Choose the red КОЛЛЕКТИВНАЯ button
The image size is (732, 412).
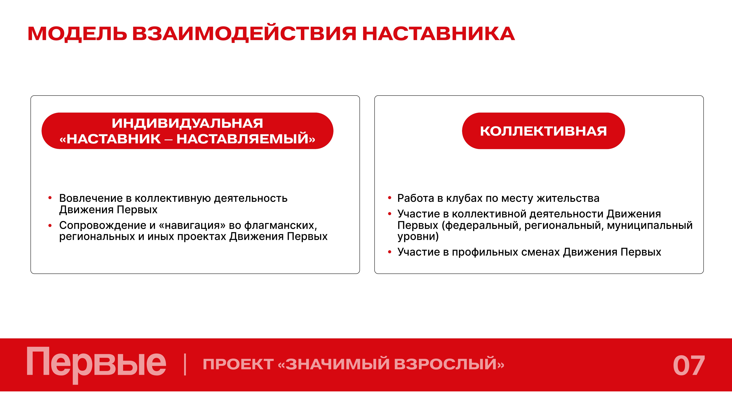[543, 131]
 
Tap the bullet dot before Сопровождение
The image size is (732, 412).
[50, 225]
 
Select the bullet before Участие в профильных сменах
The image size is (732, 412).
[390, 252]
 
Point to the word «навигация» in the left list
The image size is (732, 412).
[192, 225]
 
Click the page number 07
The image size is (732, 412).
[689, 366]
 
